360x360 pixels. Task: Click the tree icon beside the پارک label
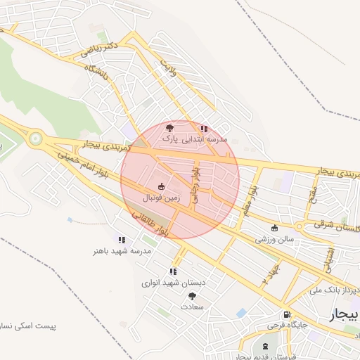click(169, 128)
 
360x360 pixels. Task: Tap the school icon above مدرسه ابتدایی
click(204, 129)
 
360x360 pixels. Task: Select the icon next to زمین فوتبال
click(162, 187)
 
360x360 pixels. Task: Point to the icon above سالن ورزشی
click(274, 228)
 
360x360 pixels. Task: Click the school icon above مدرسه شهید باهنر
click(122, 239)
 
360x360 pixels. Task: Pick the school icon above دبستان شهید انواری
click(173, 271)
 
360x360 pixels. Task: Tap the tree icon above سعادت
click(193, 296)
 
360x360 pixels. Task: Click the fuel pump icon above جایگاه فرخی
click(286, 314)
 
